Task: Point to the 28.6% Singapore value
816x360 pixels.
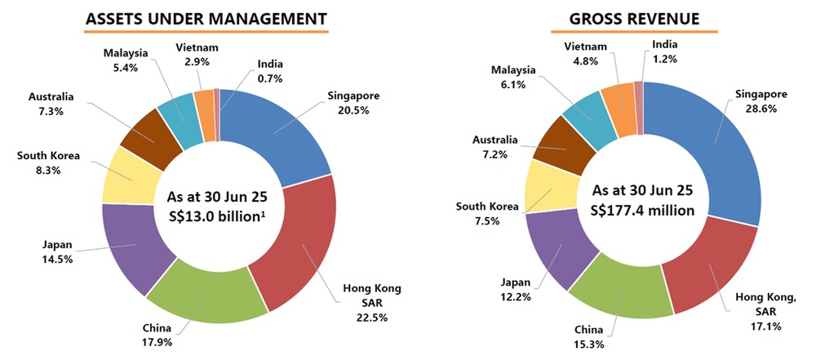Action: (756, 108)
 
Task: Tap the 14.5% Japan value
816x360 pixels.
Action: (59, 259)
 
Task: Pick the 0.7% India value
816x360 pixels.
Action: (270, 78)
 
